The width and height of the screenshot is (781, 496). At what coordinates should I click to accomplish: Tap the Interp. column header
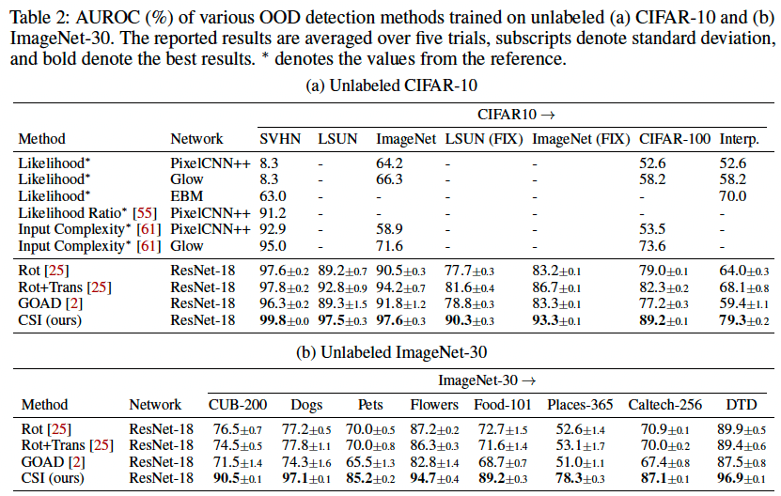(x=740, y=139)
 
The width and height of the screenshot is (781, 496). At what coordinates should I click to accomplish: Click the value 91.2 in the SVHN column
(x=272, y=212)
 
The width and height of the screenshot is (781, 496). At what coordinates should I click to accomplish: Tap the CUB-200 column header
(x=238, y=405)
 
